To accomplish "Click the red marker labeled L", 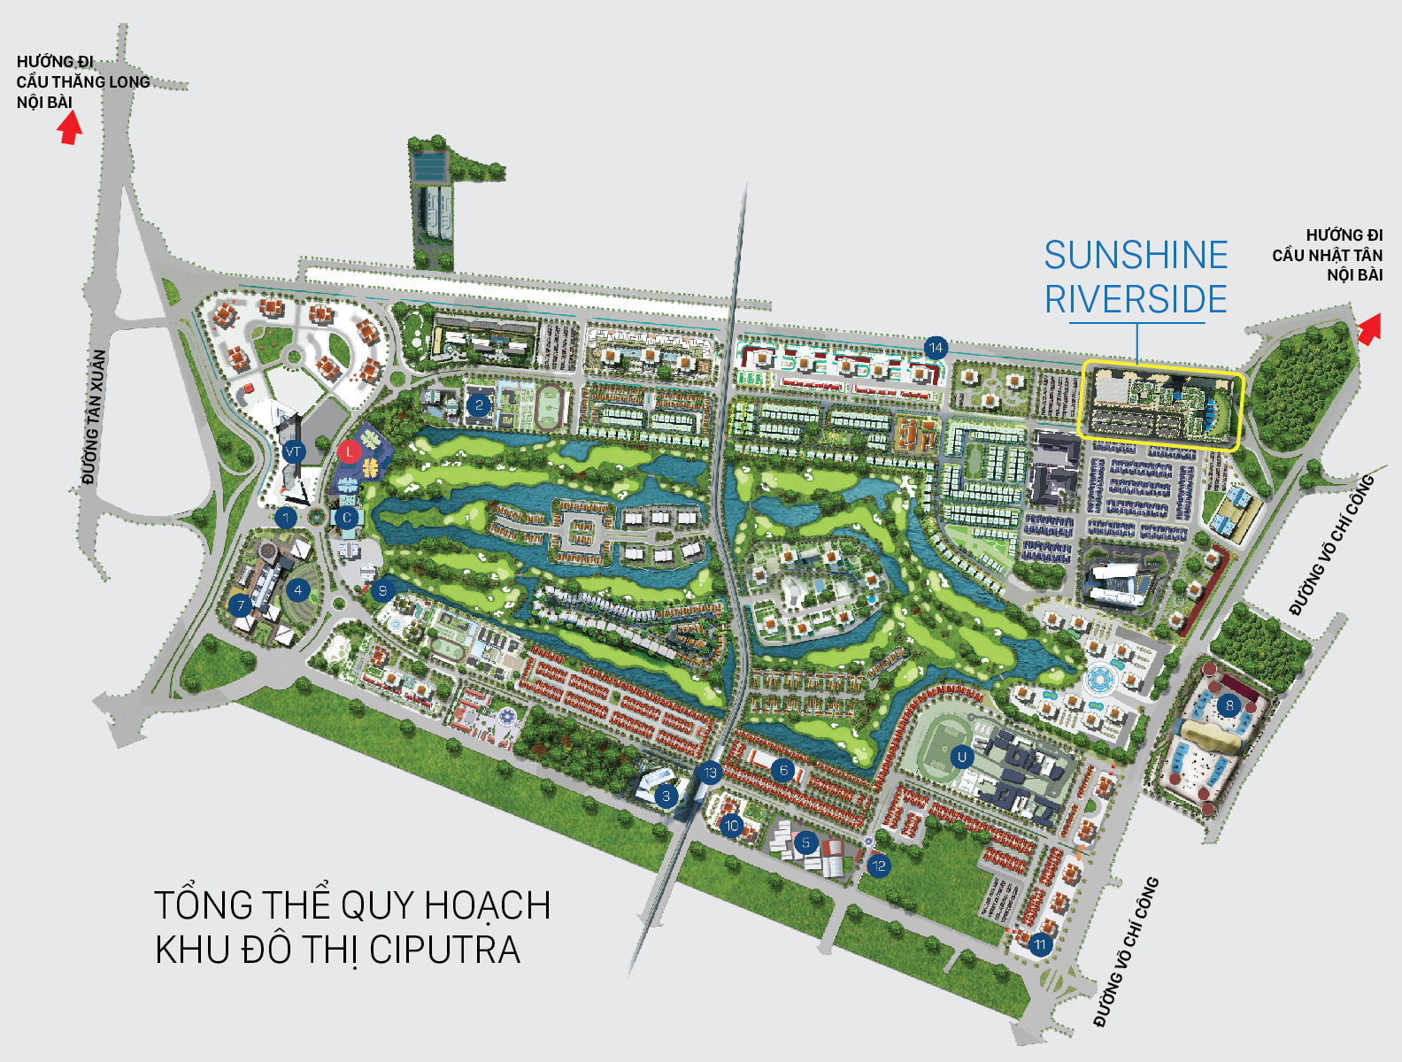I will click(x=350, y=452).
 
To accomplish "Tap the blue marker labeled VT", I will click(x=293, y=452).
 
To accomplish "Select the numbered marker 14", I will click(x=936, y=348).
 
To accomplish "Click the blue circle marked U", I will click(x=962, y=757).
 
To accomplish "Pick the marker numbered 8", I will click(x=1229, y=705).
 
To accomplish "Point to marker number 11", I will click(x=1040, y=944).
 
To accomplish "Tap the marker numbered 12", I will click(x=878, y=866).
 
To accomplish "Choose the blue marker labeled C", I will click(x=347, y=518).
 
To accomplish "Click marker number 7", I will click(x=240, y=606).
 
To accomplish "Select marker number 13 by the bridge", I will click(x=710, y=773).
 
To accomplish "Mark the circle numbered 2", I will click(x=479, y=406).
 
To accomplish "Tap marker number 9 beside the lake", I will click(x=382, y=590).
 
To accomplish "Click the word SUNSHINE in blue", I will click(x=1136, y=256).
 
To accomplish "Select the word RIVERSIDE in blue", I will click(x=1136, y=300).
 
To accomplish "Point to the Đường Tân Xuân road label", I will click(x=95, y=417).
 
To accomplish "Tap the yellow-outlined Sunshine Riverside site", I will click(x=1161, y=405).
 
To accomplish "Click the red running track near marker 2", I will click(x=550, y=408).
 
